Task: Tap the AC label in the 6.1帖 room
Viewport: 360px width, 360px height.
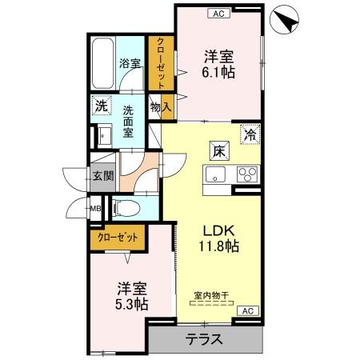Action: (x=218, y=12)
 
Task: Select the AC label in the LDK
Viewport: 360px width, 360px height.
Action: (x=247, y=310)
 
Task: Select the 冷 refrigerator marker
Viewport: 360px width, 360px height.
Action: (x=251, y=135)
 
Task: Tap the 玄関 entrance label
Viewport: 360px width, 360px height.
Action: (x=100, y=176)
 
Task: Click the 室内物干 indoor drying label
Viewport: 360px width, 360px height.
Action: (x=212, y=295)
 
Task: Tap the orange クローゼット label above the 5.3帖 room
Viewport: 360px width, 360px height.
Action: (x=118, y=237)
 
